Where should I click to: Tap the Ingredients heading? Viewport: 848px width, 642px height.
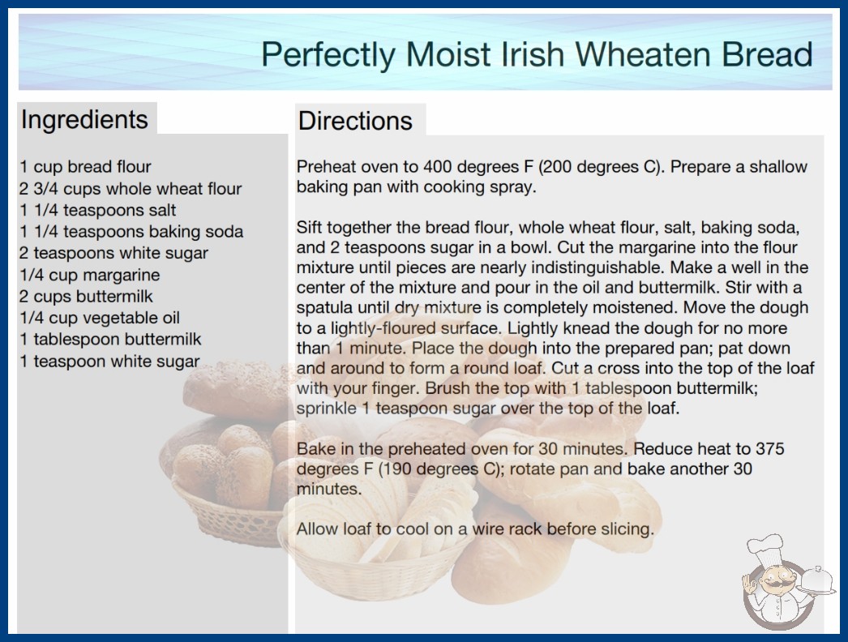point(84,120)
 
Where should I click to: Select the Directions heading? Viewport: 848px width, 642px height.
point(355,121)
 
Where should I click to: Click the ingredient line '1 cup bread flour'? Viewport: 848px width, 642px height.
point(85,167)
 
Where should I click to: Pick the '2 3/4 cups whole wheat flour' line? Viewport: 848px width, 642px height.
point(131,188)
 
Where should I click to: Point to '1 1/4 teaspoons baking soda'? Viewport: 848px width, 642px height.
point(131,232)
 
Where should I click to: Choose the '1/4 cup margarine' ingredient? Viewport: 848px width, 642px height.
point(90,275)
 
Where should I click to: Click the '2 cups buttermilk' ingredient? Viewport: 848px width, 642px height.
point(87,297)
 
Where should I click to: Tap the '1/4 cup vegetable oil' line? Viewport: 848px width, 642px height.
point(100,318)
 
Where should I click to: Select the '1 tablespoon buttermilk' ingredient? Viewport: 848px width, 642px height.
point(110,339)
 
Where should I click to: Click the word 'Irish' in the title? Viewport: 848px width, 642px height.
point(532,54)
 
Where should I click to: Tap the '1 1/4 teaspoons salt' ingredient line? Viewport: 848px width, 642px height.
point(98,210)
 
